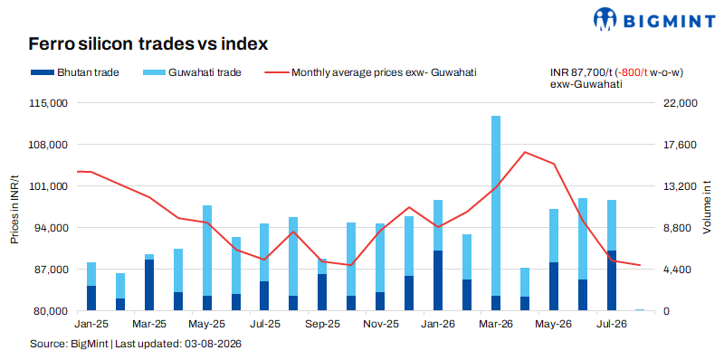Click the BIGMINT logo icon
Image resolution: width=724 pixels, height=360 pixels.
coord(605,19)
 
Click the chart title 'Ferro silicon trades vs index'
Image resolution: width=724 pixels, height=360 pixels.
coord(148,44)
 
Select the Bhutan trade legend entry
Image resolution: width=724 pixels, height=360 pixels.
coord(75,72)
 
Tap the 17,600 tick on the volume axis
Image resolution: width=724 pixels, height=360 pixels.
coord(675,145)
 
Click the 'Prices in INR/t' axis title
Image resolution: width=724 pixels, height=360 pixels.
coord(15,210)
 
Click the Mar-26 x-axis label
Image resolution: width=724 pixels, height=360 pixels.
coord(496,324)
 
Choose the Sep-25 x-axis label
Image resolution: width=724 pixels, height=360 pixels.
coord(323,324)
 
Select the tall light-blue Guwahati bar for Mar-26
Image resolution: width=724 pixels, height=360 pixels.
coord(496,206)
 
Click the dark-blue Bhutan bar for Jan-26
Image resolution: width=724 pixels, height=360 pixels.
coord(438,280)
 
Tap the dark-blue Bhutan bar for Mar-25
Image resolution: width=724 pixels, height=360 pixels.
coord(149,285)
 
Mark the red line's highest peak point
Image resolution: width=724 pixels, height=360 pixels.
coord(525,152)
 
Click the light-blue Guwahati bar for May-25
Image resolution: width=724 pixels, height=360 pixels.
coord(207,251)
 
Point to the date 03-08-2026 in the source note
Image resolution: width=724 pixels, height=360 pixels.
coord(214,345)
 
